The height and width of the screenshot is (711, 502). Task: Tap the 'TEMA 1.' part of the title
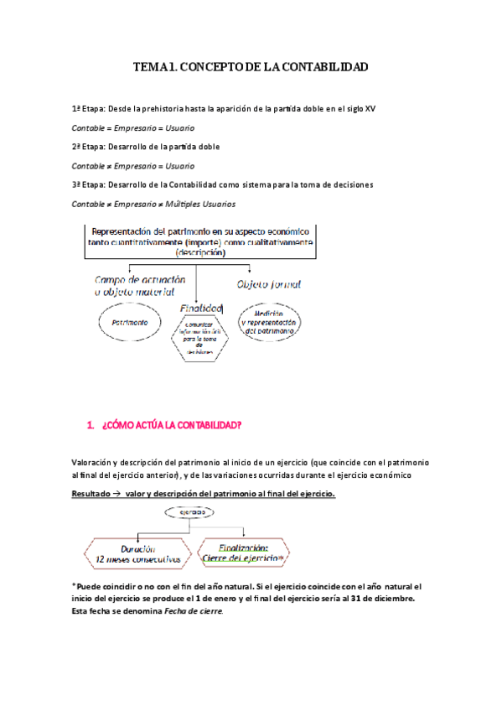click(154, 65)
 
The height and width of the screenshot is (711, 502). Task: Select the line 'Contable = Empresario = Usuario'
click(133, 128)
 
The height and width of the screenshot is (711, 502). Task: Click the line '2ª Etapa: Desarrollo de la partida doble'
click(147, 147)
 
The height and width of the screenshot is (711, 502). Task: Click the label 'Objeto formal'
click(270, 284)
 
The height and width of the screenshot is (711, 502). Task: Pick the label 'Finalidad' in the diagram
click(201, 307)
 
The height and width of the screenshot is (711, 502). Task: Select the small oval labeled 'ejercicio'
click(192, 511)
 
